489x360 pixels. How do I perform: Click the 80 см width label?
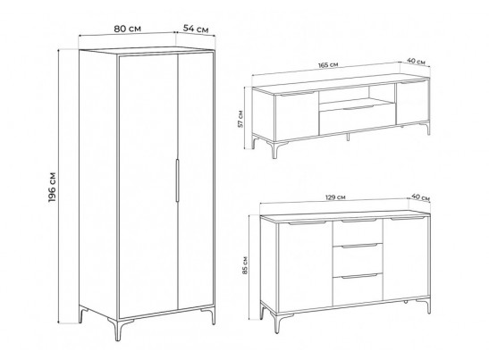click(127, 29)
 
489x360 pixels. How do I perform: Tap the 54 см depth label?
click(196, 29)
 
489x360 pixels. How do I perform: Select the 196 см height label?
click(52, 187)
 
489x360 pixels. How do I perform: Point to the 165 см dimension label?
click(328, 65)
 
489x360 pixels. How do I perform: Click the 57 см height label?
click(240, 119)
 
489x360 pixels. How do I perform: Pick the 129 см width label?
click(335, 197)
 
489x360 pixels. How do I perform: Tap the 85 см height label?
click(245, 265)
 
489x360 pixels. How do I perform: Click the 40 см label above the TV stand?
click(416, 61)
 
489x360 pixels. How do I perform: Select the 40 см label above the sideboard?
click(420, 197)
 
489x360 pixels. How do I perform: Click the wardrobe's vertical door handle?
click(177, 180)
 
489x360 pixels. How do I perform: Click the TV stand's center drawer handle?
click(358, 108)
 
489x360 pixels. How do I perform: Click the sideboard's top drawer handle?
click(358, 221)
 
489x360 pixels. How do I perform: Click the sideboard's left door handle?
click(307, 222)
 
